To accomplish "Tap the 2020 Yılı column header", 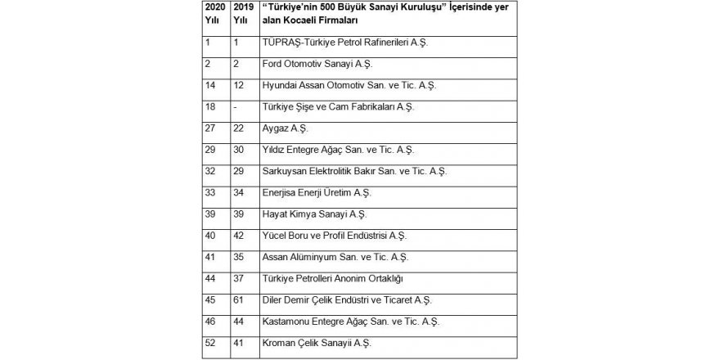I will pos(214,11).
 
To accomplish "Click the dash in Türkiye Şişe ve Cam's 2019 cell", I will pos(236,107).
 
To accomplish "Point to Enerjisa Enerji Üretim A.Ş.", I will pos(314,192).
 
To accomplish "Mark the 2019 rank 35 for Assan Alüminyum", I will pos(240,257).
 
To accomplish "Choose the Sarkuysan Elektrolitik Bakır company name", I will pos(352,171).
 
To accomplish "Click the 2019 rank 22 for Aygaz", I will pos(240,128).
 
